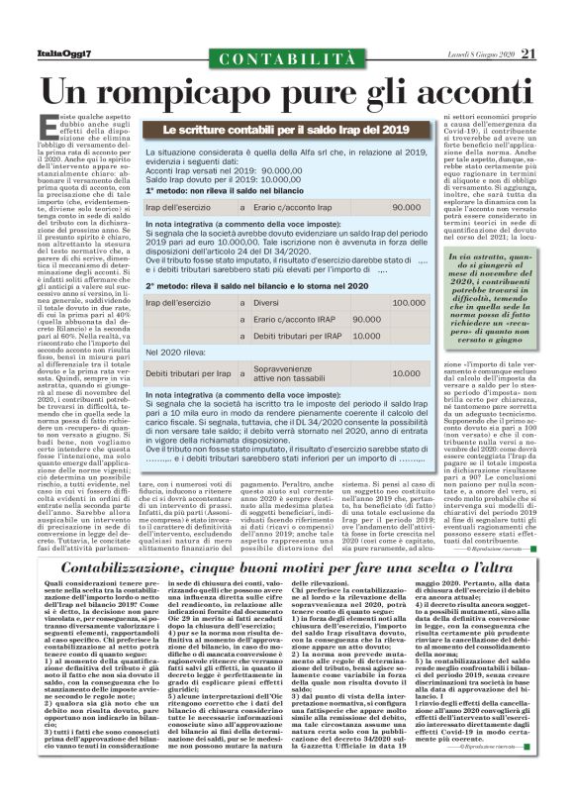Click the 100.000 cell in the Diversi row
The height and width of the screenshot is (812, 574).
tap(409, 302)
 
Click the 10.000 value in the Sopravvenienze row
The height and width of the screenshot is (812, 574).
tap(407, 374)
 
